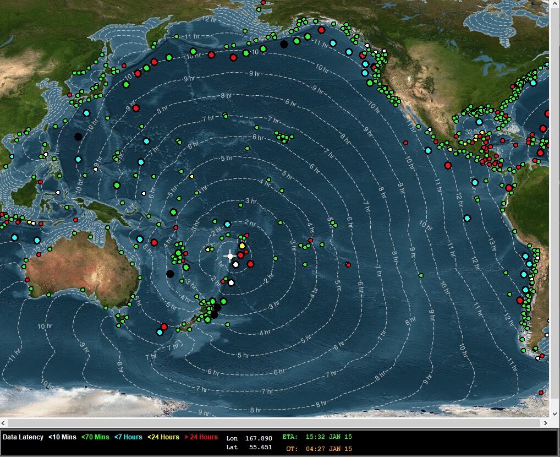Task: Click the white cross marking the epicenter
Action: pos(230,256)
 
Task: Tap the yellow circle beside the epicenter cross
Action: pos(242,246)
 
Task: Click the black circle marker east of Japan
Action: pos(78,136)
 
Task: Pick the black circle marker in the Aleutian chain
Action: pos(284,44)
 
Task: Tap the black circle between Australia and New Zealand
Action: pos(170,274)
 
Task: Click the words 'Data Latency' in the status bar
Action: pos(23,437)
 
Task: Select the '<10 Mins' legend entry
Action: pos(62,437)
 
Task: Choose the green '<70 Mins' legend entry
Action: pos(95,437)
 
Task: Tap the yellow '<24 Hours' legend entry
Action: pos(163,437)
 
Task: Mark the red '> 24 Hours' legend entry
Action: pos(201,437)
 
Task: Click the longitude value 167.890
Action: pos(259,438)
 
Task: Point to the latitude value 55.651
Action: pos(261,447)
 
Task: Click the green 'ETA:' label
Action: pos(290,437)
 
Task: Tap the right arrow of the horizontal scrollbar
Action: pos(545,423)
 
